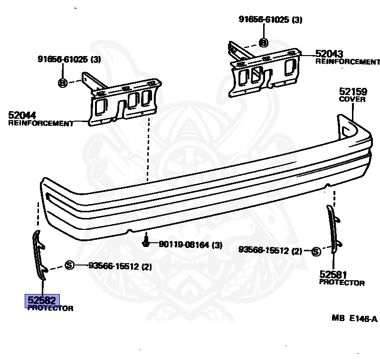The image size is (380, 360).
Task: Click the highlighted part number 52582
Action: (42, 300)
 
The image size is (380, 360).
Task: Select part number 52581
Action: (333, 275)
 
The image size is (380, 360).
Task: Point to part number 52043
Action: (329, 54)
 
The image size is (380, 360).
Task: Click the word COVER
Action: (352, 99)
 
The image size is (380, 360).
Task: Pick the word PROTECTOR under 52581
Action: (342, 283)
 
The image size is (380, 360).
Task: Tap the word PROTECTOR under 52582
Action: (50, 308)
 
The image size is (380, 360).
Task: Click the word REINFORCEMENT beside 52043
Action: (348, 62)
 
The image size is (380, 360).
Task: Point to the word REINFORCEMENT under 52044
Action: (41, 123)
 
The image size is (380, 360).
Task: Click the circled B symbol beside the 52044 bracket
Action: (62, 83)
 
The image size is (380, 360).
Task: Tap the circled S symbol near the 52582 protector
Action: (69, 265)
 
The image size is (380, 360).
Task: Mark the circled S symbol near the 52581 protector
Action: (316, 251)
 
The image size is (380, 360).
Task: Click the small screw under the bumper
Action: (147, 243)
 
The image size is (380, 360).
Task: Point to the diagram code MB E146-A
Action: (354, 318)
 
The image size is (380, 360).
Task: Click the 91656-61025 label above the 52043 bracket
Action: (270, 20)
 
